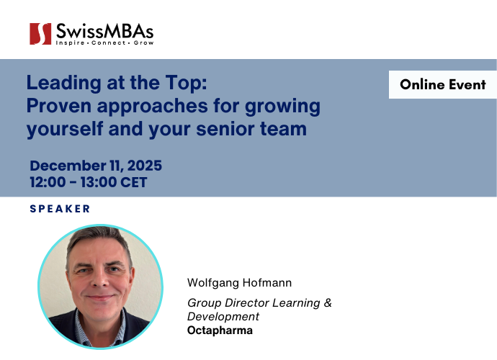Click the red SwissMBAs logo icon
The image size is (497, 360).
40,34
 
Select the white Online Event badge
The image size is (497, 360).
443,84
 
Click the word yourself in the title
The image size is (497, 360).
62,130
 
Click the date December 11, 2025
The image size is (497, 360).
96,166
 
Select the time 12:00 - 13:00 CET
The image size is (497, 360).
89,182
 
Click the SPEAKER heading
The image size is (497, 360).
60,209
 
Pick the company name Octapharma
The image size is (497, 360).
220,330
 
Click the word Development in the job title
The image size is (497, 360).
223,317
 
